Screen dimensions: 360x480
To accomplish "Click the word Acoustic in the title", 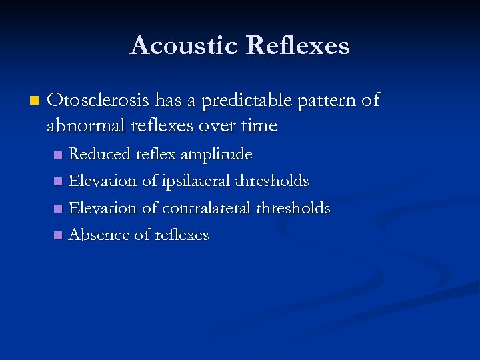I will (x=184, y=46).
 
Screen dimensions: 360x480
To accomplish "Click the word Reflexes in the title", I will (x=297, y=46).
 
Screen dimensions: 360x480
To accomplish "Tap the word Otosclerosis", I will (x=99, y=101).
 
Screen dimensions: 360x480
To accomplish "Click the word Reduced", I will (x=99, y=155).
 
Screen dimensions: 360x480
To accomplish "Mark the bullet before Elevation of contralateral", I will (x=58, y=209).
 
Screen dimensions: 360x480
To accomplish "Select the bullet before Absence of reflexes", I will (x=58, y=235).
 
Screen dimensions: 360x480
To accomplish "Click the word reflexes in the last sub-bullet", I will (x=181, y=235).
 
